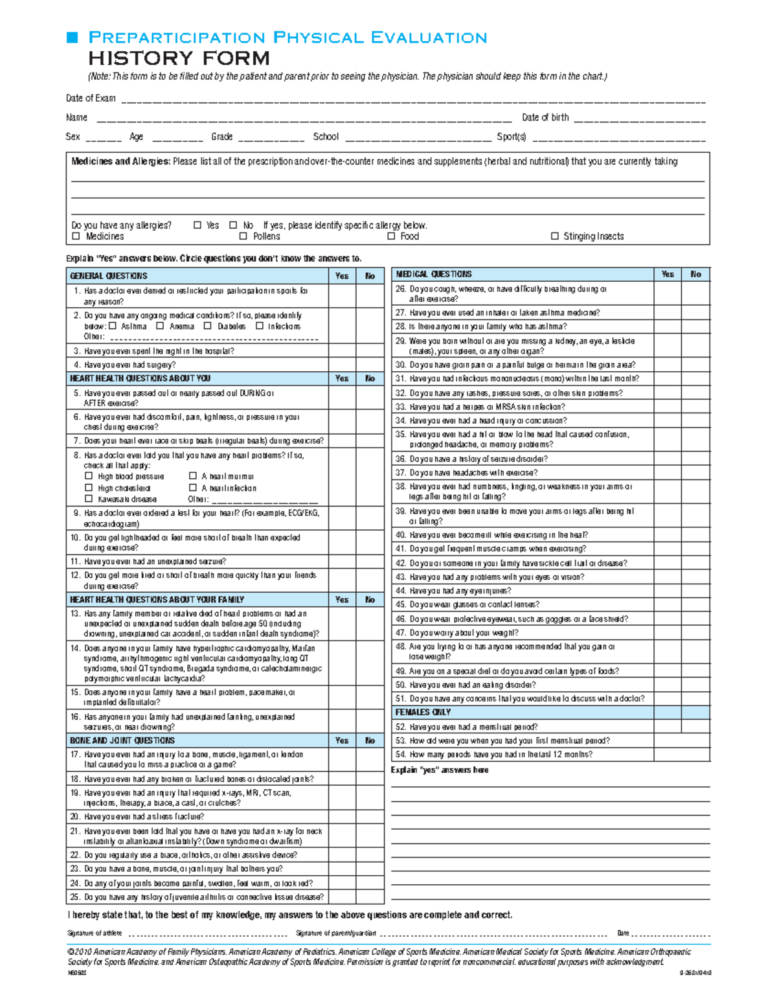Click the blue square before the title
[x=72, y=38]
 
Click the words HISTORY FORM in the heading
[x=179, y=58]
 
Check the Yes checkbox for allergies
[x=197, y=225]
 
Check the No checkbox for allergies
[x=233, y=225]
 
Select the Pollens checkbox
[x=243, y=236]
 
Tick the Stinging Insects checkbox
[x=554, y=236]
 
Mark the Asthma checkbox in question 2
[x=113, y=326]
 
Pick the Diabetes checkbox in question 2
[x=208, y=326]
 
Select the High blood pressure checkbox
[x=89, y=476]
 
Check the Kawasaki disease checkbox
[x=89, y=499]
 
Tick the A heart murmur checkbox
[x=192, y=476]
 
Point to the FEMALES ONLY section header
[x=423, y=712]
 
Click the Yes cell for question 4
[x=342, y=365]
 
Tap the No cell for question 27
[x=696, y=313]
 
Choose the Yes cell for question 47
[x=668, y=633]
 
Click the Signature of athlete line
[x=207, y=933]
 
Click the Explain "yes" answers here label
[x=440, y=770]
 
